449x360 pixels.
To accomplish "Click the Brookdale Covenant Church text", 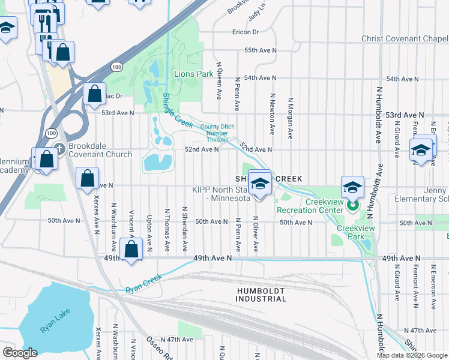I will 100,150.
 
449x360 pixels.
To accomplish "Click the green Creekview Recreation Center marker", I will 352,206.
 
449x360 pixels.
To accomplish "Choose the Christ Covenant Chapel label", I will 404,38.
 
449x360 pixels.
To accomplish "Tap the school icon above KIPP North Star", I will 261,184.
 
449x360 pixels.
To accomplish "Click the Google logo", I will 20,353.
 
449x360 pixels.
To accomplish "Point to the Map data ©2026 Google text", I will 412,355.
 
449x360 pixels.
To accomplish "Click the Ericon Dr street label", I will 246,32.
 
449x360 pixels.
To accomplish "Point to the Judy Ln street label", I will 258,11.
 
